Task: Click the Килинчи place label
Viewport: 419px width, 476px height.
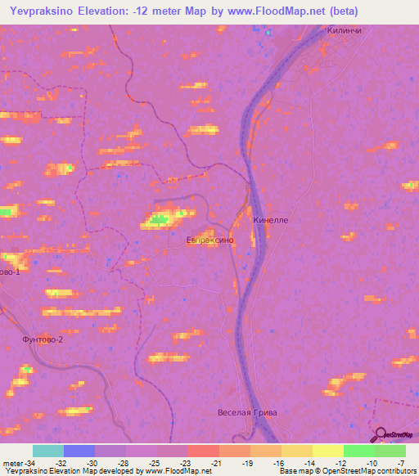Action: tap(344, 29)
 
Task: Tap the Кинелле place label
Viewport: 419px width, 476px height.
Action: tap(271, 220)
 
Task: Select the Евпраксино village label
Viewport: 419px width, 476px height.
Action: tap(210, 240)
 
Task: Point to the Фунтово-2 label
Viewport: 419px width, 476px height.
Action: tap(42, 339)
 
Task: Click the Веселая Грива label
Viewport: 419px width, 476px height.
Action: tap(248, 412)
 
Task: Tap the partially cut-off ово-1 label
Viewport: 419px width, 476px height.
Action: tap(9, 271)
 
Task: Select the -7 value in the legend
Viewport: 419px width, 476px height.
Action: tap(400, 463)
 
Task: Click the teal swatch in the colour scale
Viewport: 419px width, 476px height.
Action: tap(48, 451)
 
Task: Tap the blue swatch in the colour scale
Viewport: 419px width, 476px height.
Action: tap(79, 451)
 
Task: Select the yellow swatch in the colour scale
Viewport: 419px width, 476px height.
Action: tap(327, 451)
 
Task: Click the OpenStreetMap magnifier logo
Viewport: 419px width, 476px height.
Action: tap(381, 434)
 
